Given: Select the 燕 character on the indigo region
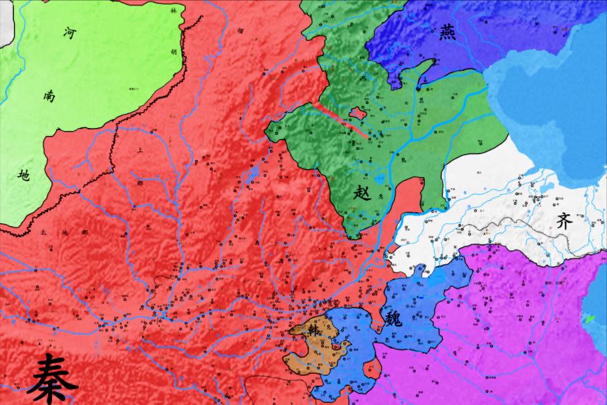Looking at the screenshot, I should point(449,31).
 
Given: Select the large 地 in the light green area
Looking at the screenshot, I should point(24,175).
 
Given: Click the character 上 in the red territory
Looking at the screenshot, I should point(140,151).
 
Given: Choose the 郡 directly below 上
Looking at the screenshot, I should point(140,181).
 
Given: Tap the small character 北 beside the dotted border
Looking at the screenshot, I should point(43,232).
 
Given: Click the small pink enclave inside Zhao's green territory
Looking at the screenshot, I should point(358,113).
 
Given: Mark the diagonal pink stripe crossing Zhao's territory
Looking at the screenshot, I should point(341,120).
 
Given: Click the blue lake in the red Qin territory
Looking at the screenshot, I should point(252,177).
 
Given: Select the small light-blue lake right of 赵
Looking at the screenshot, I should point(381,179).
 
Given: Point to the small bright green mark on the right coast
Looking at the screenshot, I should point(589,319).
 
